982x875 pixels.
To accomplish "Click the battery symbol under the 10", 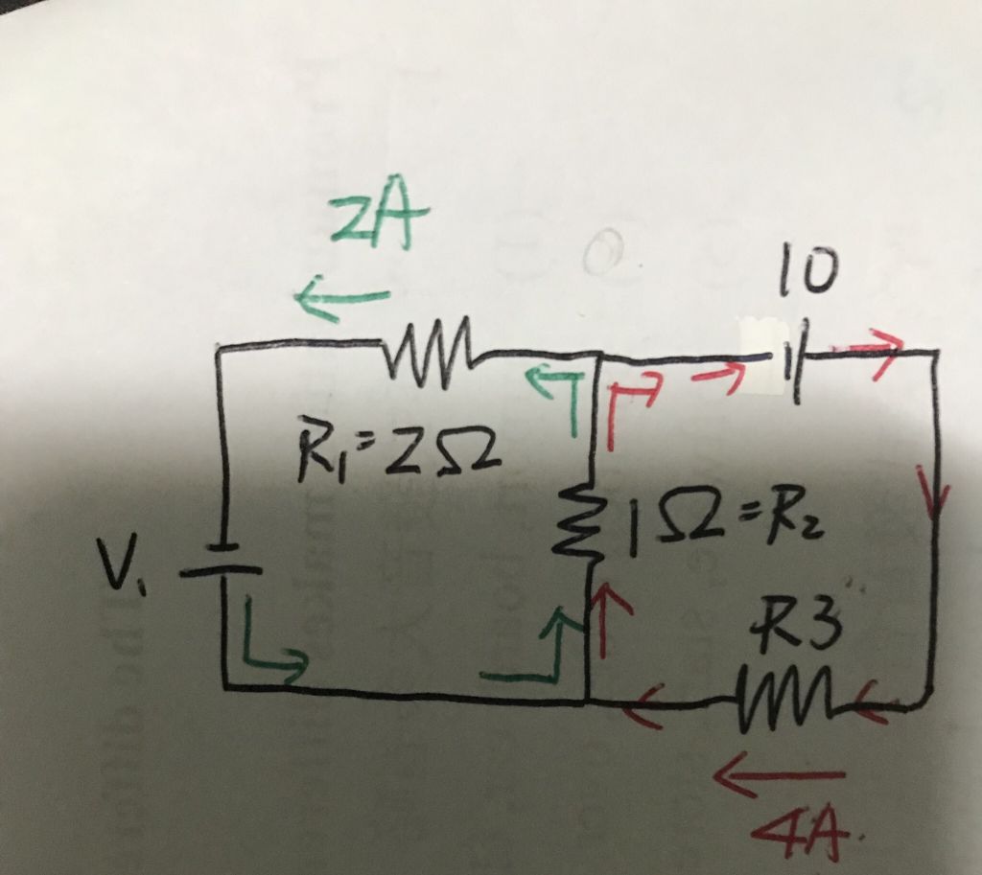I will point(792,361).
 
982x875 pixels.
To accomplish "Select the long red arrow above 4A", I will point(782,769).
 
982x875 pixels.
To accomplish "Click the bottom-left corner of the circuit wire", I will point(224,684).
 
